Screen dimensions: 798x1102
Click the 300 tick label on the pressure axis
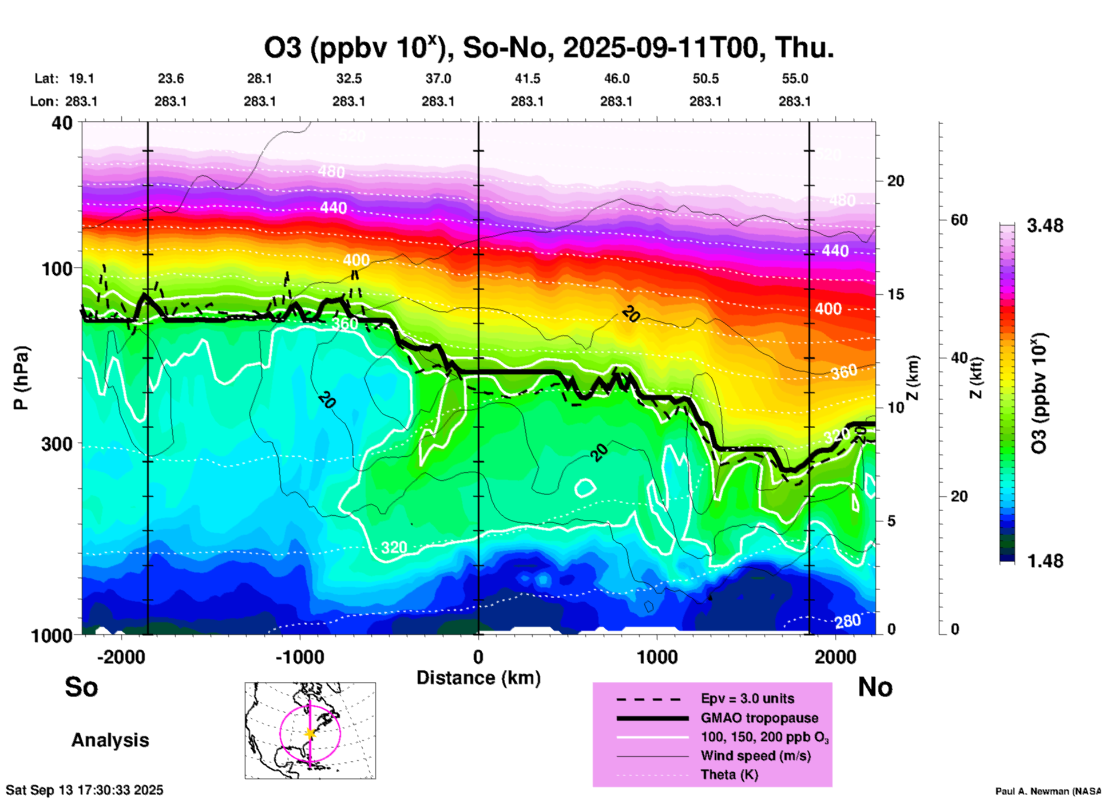(x=57, y=444)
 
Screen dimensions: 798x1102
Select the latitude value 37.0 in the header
(x=438, y=78)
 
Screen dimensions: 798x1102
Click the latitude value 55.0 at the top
(x=795, y=78)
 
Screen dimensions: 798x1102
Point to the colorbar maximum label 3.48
(x=1045, y=226)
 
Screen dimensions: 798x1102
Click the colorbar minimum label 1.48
(x=1045, y=561)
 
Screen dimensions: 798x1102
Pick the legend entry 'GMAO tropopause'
(x=759, y=718)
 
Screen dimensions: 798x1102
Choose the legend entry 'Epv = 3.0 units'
(x=747, y=698)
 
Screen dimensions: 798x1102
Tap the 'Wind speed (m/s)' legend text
(x=755, y=756)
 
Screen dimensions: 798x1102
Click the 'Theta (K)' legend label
(x=729, y=775)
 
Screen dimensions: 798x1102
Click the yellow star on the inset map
(x=310, y=733)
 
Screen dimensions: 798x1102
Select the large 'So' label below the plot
(x=81, y=687)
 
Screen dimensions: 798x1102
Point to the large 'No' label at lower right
(x=875, y=687)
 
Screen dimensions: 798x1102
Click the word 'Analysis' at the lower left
(x=110, y=740)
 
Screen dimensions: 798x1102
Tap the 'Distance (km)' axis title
(x=478, y=678)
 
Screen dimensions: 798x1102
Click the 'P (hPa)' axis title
(x=21, y=378)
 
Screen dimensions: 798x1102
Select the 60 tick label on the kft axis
(x=959, y=220)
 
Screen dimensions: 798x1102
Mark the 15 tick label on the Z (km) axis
(x=895, y=294)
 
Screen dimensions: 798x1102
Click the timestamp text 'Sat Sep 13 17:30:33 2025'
(x=85, y=790)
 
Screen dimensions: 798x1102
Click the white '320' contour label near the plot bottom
(x=394, y=548)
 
